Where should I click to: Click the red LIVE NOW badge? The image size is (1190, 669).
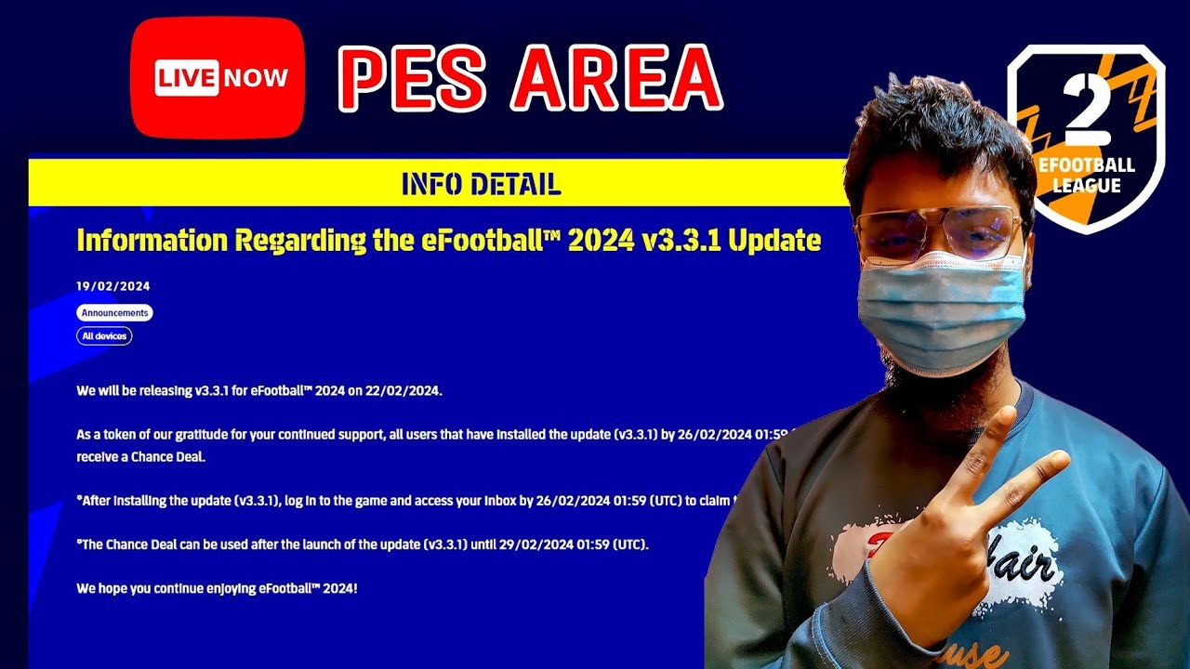coord(218,78)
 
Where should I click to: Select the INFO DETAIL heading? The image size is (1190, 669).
coord(481,184)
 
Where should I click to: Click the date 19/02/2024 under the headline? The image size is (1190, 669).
coord(112,286)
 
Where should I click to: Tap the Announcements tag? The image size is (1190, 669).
coord(114,313)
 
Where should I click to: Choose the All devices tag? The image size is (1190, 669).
coord(104,336)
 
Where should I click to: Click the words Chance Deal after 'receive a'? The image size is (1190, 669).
coord(167,457)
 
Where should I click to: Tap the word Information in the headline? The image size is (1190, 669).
coord(152,241)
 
